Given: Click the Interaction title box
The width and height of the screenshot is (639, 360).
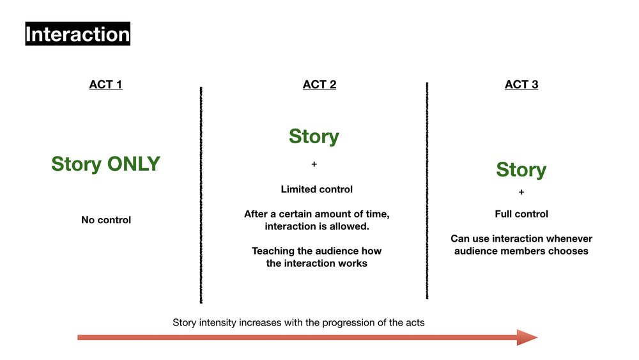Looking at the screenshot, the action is click(77, 33).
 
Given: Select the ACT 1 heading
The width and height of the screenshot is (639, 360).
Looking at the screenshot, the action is click(105, 84).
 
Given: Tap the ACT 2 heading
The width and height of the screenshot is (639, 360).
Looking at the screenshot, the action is click(319, 84).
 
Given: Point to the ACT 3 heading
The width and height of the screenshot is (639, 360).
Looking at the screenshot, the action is click(521, 84).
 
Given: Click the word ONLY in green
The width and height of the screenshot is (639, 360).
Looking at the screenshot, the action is click(133, 164).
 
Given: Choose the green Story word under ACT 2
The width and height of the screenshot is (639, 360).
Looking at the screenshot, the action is click(314, 136).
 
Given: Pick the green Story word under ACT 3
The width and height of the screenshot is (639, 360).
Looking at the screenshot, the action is click(521, 169).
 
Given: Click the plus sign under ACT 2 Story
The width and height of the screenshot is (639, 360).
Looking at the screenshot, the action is click(314, 164).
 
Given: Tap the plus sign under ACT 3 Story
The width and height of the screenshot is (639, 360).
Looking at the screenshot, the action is click(521, 192).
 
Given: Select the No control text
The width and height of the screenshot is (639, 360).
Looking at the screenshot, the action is click(105, 220).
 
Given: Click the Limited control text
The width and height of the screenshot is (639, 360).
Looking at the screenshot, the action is click(316, 189).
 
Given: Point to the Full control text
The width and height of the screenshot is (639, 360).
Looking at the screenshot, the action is click(521, 214).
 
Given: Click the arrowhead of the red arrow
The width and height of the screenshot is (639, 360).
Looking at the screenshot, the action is click(527, 338).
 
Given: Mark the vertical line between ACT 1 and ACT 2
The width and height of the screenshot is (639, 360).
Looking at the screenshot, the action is click(201, 192).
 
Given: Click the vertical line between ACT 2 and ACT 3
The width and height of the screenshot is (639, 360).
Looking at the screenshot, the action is click(427, 192).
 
